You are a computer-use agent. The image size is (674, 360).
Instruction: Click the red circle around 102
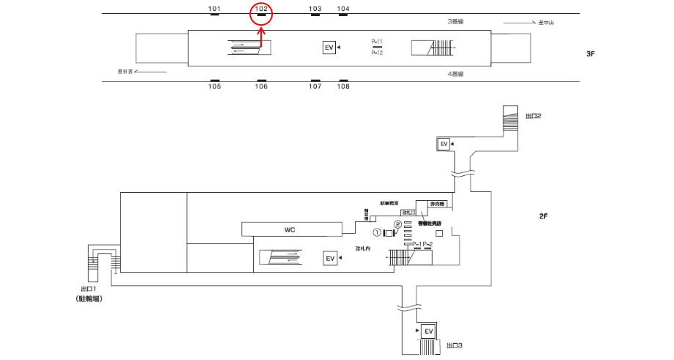[262, 14]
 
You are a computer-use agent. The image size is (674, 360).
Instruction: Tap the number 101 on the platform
[214, 10]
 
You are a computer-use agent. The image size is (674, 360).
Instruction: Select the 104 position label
[343, 10]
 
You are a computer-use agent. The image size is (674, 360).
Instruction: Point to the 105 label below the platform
[214, 87]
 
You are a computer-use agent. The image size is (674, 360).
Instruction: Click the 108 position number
[343, 87]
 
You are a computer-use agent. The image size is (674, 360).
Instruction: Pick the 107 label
[315, 87]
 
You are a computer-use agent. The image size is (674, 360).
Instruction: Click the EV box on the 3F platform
[329, 48]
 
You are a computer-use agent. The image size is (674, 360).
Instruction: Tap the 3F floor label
[591, 54]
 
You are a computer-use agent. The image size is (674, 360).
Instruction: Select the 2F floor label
[543, 216]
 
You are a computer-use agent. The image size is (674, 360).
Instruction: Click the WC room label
[290, 230]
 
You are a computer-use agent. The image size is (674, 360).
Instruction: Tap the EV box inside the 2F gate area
[330, 259]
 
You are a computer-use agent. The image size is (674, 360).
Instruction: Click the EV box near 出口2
[443, 144]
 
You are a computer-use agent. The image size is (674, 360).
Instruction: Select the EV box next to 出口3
[428, 332]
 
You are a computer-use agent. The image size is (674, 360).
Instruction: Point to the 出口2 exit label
[533, 116]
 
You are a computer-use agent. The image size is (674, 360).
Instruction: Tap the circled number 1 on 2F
[377, 232]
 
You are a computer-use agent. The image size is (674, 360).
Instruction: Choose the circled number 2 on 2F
[398, 224]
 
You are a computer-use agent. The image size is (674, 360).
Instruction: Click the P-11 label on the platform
[377, 42]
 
